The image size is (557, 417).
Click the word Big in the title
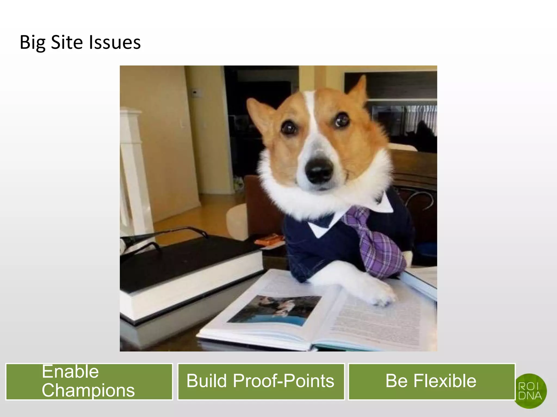[x=32, y=43]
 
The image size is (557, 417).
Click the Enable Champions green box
[x=89, y=381]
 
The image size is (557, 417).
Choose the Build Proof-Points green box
[x=261, y=381]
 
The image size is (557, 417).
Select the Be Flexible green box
[x=431, y=381]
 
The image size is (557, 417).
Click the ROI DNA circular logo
[x=530, y=391]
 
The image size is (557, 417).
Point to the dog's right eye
[x=341, y=121]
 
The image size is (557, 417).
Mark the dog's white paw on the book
[x=381, y=295]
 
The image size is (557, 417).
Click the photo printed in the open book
[x=275, y=309]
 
